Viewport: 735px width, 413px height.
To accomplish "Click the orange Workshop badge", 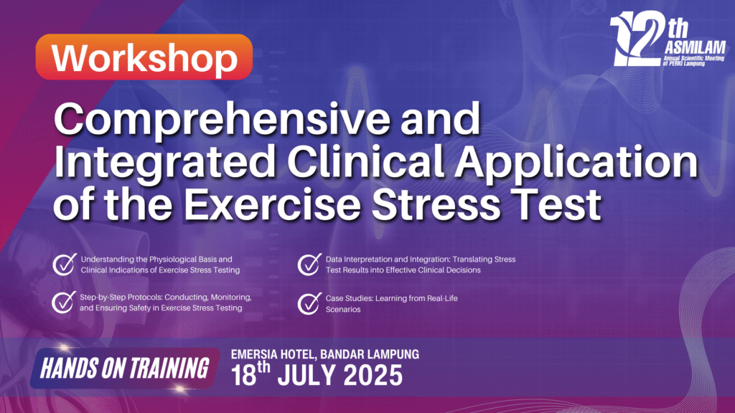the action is tap(144, 57).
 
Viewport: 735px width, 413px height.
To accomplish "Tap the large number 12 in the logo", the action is tap(638, 39).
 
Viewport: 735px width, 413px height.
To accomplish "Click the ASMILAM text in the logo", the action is tap(695, 47).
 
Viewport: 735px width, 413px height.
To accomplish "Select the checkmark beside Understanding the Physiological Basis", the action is tap(65, 265).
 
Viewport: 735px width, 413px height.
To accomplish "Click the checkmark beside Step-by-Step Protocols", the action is tap(64, 302).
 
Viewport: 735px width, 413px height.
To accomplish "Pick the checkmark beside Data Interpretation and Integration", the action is tap(309, 265).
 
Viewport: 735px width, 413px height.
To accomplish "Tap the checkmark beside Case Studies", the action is tap(309, 303).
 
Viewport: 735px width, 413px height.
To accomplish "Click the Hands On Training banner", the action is tap(125, 368).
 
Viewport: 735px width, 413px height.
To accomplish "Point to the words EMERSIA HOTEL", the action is tap(273, 354).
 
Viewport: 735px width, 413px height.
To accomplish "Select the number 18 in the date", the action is tap(244, 375).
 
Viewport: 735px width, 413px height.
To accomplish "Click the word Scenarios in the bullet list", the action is tap(343, 310).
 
